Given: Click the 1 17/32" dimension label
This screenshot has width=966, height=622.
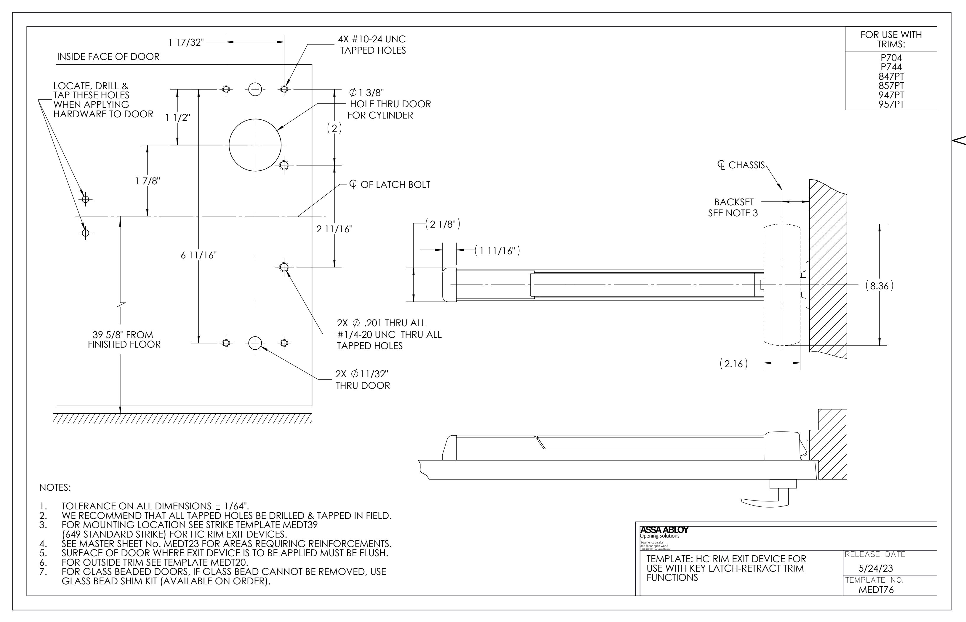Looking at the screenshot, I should click(x=186, y=42).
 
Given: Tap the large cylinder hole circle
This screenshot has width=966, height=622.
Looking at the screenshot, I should click(x=255, y=145).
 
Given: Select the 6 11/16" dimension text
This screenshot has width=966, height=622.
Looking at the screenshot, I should click(x=198, y=255).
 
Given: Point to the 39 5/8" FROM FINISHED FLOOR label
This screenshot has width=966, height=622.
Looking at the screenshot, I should click(x=124, y=340).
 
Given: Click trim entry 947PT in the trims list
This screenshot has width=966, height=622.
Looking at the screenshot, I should click(x=891, y=95).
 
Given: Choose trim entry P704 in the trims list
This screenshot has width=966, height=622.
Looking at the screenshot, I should click(x=891, y=58).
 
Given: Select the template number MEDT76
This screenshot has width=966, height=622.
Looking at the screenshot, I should click(x=876, y=589).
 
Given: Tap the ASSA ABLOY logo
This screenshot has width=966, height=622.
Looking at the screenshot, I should click(x=664, y=530).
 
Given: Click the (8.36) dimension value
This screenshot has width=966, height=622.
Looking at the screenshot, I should click(x=879, y=286).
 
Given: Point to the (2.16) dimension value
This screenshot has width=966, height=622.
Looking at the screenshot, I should click(x=733, y=364).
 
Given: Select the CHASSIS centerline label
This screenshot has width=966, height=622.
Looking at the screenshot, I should click(x=741, y=165).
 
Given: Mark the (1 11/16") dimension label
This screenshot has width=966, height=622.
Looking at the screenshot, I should click(x=497, y=251).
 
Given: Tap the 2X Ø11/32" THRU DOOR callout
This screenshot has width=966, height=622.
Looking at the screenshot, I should click(x=363, y=380).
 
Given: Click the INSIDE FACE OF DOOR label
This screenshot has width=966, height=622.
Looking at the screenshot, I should click(x=108, y=57).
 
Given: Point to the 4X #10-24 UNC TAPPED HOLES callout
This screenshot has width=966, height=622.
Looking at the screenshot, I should click(x=372, y=45).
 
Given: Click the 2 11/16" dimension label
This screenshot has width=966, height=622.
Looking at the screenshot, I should click(x=334, y=229).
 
